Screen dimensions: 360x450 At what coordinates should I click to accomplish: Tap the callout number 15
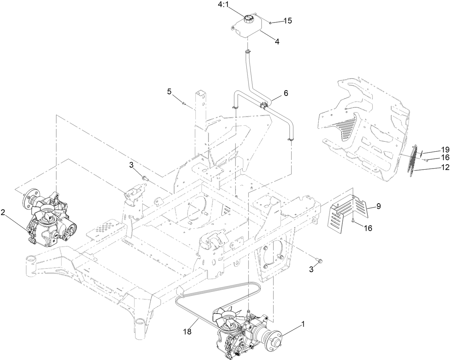click(288, 21)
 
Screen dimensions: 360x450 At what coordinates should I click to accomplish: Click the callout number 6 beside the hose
click(285, 93)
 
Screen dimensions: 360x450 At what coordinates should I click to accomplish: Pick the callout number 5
click(169, 91)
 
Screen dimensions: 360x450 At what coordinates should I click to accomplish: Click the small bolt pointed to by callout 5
click(184, 103)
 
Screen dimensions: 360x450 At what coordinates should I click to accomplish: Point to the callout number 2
click(3, 213)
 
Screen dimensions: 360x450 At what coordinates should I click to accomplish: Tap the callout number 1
click(303, 324)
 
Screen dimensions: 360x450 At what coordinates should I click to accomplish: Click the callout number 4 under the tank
click(277, 41)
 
